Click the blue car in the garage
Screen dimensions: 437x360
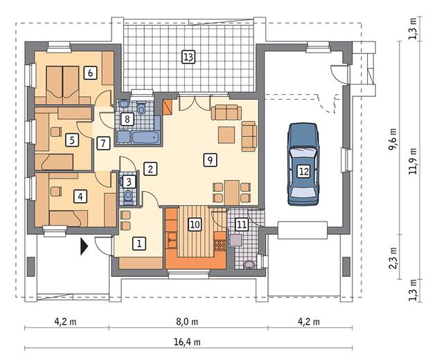pos(303,164)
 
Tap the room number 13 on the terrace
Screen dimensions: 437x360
pos(188,57)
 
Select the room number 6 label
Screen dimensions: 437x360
pos(90,73)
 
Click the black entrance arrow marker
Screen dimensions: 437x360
pos(84,246)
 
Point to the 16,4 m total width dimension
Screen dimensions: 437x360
pos(187,341)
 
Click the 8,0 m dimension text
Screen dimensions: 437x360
pos(187,322)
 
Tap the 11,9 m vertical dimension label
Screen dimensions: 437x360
pos(413,161)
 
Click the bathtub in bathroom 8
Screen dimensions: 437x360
pos(145,138)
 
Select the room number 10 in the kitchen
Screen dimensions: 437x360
pos(195,224)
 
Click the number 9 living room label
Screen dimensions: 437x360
pos(210,160)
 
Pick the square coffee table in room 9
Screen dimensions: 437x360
pos(226,134)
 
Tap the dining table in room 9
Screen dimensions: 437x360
pos(232,192)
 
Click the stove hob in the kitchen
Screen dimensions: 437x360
pos(220,245)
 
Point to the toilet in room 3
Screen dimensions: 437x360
pos(128,195)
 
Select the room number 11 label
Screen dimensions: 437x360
pos(242,224)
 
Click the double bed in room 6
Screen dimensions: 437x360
pos(62,85)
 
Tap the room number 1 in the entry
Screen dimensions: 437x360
pos(139,244)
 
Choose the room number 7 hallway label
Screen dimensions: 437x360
pos(103,143)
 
